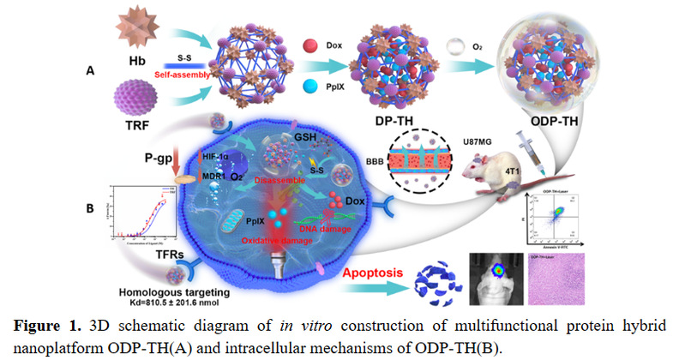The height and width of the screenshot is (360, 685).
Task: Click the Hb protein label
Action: tap(139, 64)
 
